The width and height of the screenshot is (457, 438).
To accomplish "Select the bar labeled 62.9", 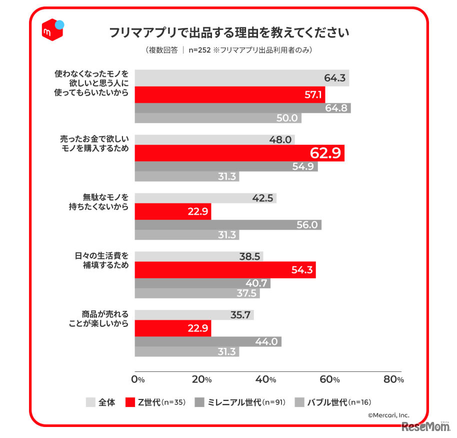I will (x=239, y=153).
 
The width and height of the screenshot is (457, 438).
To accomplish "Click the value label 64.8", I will (x=336, y=108).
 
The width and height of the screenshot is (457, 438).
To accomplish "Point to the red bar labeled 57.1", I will (x=230, y=94).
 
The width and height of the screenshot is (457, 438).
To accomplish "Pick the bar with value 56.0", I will (x=228, y=225).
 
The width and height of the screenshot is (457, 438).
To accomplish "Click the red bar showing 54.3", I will (x=225, y=270).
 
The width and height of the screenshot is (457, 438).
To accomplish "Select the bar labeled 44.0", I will (x=208, y=341).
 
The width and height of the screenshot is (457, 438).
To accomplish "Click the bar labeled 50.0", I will (x=218, y=118).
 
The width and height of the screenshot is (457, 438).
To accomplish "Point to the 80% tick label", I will (x=393, y=379).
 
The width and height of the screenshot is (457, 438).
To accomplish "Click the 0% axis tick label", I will (x=137, y=379).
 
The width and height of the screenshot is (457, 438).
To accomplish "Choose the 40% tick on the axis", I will (x=265, y=379).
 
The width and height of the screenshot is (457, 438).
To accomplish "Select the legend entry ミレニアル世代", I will (x=240, y=402).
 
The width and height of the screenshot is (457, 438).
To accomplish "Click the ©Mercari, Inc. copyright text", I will (x=388, y=414).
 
